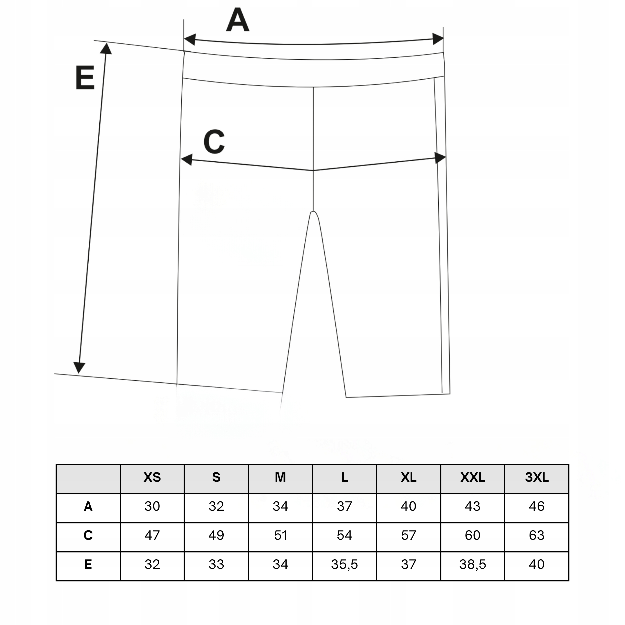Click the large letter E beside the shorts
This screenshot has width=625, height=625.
(85, 78)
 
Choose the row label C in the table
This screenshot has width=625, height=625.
(88, 536)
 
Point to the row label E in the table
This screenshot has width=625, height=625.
(88, 564)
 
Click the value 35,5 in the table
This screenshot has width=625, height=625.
(344, 564)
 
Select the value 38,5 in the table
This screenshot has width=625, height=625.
(473, 564)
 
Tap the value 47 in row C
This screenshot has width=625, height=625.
(152, 536)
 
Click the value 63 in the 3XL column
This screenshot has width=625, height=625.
(537, 536)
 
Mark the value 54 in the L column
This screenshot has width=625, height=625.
(344, 536)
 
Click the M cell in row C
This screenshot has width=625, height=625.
(281, 536)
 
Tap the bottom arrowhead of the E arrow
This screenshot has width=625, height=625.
(79, 368)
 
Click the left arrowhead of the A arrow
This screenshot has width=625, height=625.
(189, 40)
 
